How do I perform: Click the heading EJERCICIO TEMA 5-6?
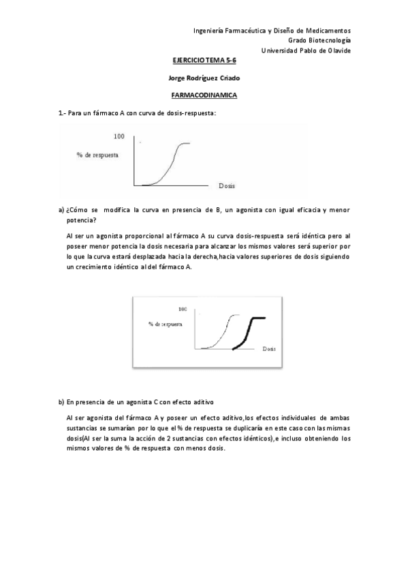click(x=204, y=60)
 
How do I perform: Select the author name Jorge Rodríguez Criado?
click(x=204, y=78)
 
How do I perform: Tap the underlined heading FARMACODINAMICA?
click(x=204, y=95)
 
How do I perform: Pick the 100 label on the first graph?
click(x=119, y=137)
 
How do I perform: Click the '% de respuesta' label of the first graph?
click(x=98, y=155)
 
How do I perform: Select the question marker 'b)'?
click(x=61, y=402)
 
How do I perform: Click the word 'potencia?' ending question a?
click(x=81, y=221)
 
